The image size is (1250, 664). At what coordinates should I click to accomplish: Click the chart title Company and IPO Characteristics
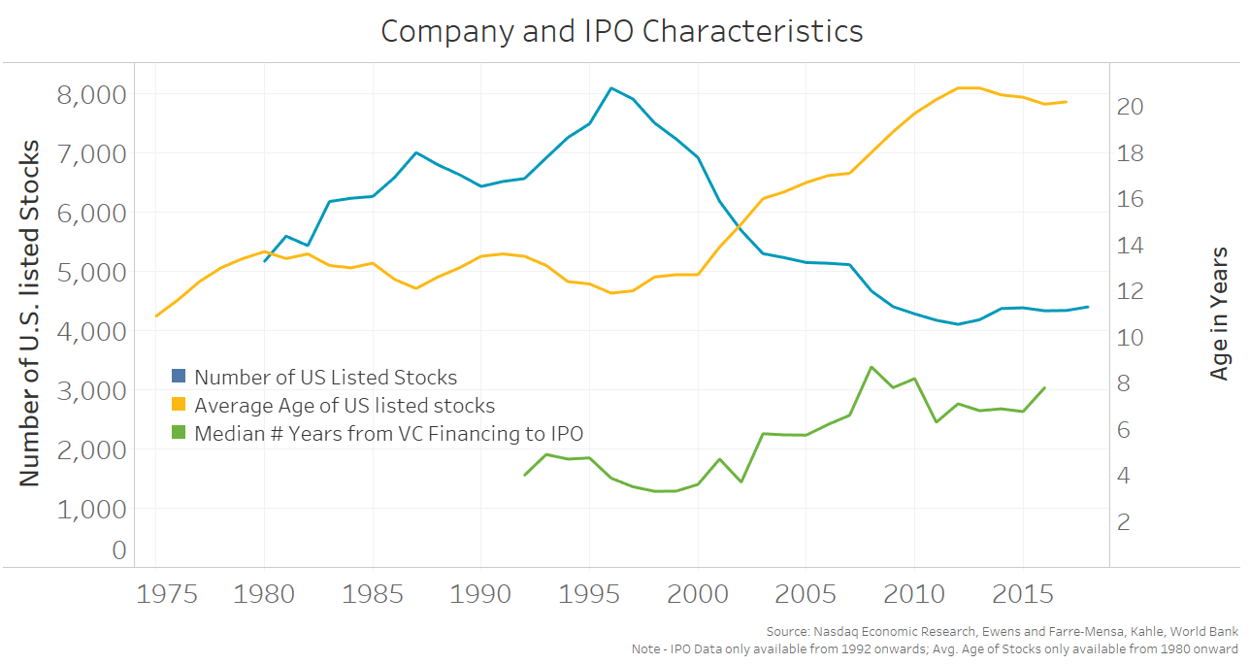point(621,31)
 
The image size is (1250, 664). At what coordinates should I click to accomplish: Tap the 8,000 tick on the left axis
point(93,94)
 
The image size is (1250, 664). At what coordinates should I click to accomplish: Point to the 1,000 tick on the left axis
point(93,509)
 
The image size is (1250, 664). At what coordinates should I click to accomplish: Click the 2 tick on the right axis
point(1125,522)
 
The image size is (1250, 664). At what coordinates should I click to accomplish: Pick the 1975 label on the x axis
point(155,594)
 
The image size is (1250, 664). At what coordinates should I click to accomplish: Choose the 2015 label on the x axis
point(1023,594)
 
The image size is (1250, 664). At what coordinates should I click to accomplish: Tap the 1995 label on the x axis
point(589,594)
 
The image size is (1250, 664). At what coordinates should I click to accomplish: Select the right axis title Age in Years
point(1220,313)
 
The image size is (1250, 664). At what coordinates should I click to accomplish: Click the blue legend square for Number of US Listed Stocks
point(179,377)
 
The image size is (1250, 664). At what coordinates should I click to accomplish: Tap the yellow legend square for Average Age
point(179,405)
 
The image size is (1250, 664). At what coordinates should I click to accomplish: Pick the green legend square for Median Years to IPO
point(179,433)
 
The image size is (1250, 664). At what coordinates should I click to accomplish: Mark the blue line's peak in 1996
point(610,88)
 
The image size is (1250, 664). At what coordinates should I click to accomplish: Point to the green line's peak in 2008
point(871,367)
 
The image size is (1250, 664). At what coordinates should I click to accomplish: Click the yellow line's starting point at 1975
point(156,315)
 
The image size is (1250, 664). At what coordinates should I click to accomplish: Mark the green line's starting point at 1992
point(524,475)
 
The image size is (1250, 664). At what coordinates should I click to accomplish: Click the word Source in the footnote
point(786,632)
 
